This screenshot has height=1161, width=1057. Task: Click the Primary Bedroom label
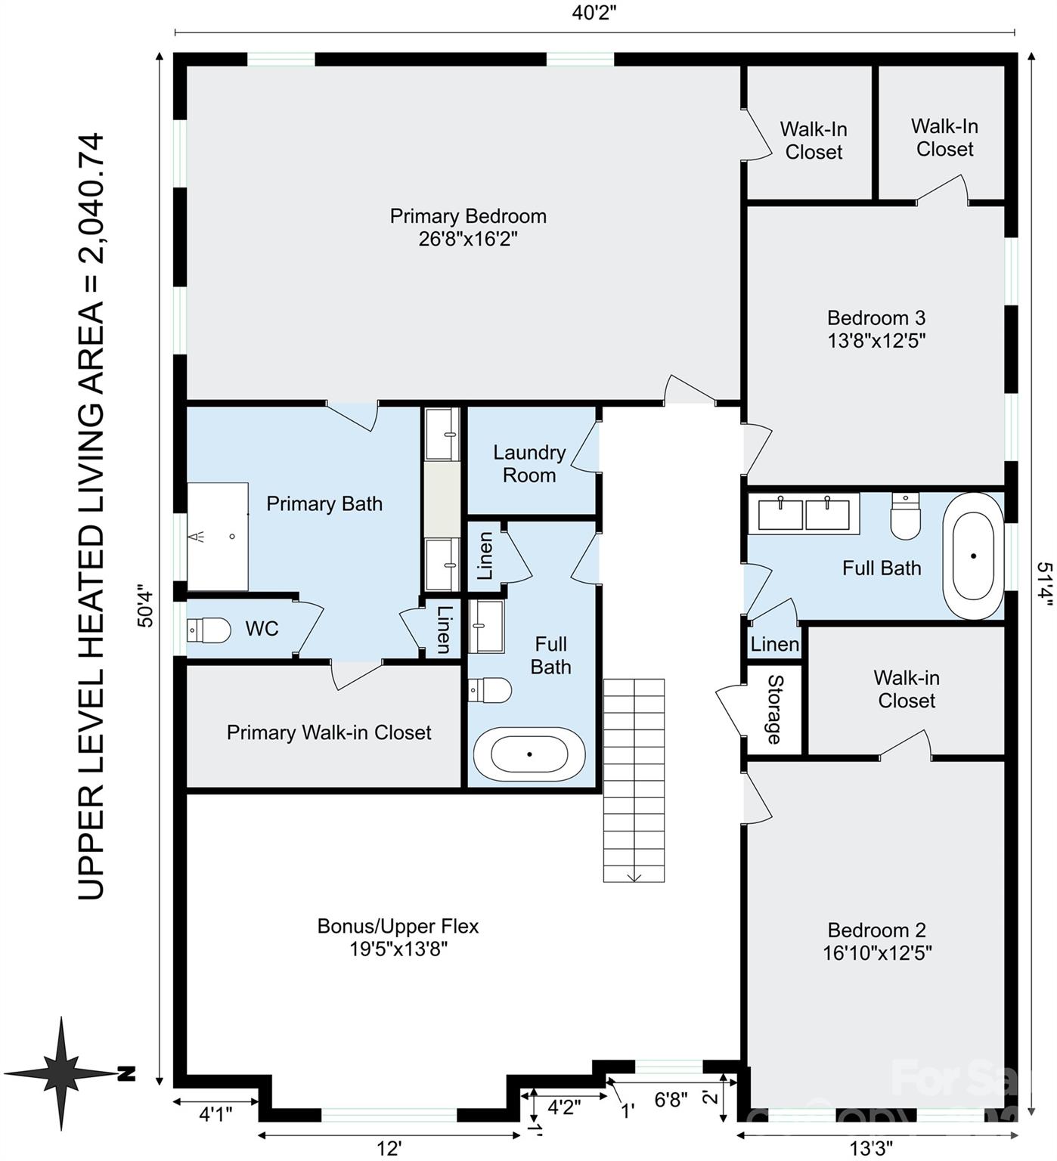pyautogui.click(x=468, y=217)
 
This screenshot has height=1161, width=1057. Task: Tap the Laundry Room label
pyautogui.click(x=529, y=463)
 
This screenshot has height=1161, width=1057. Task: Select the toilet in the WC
pyautogui.click(x=209, y=630)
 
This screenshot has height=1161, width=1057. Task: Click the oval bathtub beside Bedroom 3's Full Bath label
pyautogui.click(x=974, y=556)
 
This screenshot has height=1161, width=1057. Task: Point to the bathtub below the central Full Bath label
pyautogui.click(x=529, y=754)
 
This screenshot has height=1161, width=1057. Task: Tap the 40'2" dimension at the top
pyautogui.click(x=599, y=13)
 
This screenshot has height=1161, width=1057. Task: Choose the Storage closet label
pyautogui.click(x=774, y=709)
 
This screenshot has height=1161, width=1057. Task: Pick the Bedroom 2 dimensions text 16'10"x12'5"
pyautogui.click(x=877, y=953)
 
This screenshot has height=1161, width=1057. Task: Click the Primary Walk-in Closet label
pyautogui.click(x=329, y=732)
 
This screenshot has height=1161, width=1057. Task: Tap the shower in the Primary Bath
pyautogui.click(x=218, y=537)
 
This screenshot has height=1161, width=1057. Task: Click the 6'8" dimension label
pyautogui.click(x=671, y=1100)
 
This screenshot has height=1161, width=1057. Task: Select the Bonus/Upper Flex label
pyautogui.click(x=398, y=926)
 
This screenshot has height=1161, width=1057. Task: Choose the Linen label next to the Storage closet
pyautogui.click(x=774, y=644)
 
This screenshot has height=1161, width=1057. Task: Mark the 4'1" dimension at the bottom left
pyautogui.click(x=215, y=1114)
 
